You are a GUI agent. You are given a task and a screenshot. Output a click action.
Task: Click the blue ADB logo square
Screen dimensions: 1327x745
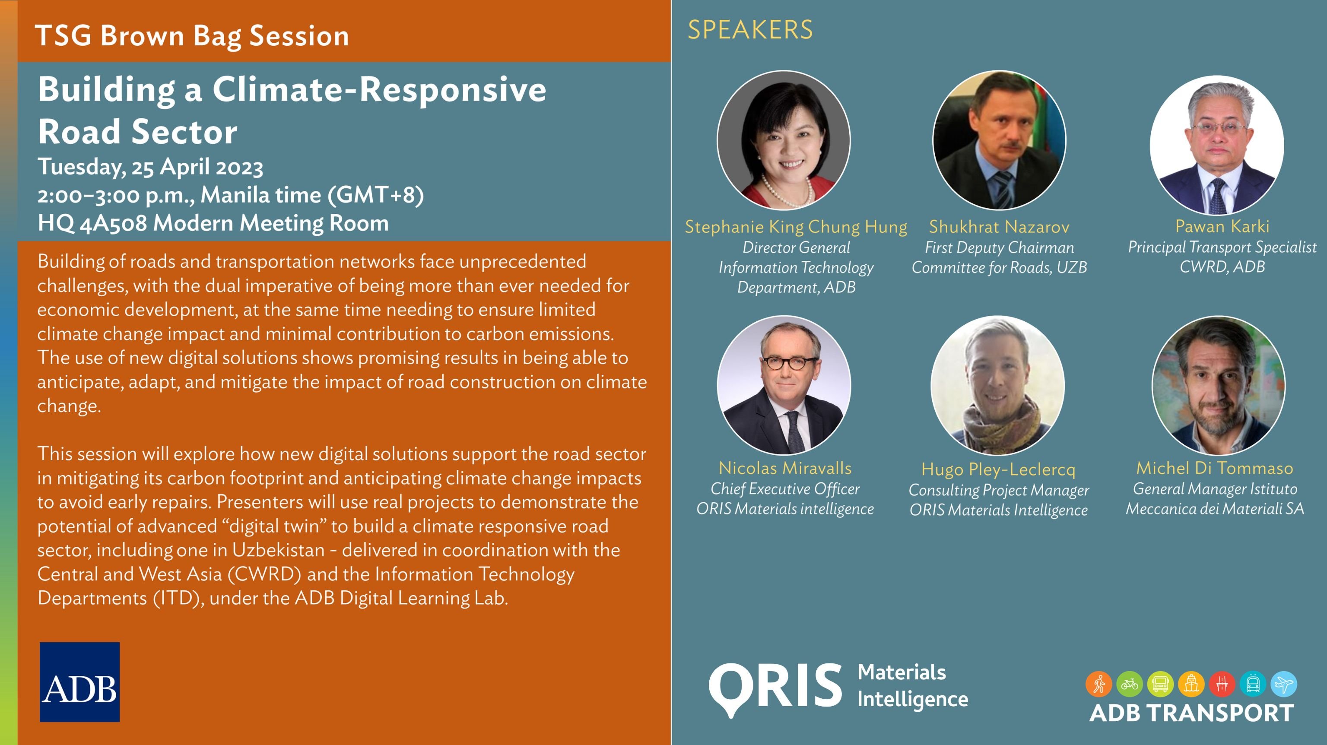coord(80,682)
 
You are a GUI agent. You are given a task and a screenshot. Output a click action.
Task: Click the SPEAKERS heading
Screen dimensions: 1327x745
coord(750,30)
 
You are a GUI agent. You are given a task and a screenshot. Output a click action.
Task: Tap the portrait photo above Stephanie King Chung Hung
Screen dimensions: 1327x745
coord(784,140)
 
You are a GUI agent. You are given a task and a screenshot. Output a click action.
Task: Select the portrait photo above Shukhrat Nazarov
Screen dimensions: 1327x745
coord(1000,140)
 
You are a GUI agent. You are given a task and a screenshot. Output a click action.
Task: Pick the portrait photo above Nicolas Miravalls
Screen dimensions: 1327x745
coord(784,385)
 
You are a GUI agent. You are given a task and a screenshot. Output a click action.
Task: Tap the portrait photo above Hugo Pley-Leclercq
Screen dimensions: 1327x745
coord(998,385)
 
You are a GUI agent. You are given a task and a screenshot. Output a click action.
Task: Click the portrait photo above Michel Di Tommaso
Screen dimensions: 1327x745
coord(1218,385)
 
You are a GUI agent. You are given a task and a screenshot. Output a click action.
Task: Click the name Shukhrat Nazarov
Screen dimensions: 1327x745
coord(999,227)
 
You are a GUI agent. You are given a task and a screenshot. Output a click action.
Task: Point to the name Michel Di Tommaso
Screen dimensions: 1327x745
coord(1215,468)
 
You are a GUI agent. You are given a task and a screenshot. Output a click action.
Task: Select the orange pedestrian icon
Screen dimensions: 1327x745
coord(1099,684)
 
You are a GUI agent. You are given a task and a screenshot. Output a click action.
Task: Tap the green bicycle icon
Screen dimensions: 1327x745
coord(1130,684)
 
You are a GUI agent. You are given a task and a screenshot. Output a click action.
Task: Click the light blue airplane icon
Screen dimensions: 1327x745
coord(1284,684)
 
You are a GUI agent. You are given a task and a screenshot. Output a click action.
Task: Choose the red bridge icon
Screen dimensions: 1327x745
coord(1222,684)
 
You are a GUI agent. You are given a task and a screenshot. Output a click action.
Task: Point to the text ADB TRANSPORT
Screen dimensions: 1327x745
coord(1191,713)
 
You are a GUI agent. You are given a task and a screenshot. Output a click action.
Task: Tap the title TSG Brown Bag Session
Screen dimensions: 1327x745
coord(192,36)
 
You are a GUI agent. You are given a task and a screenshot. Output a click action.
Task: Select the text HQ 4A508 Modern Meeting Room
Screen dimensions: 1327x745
coord(213,224)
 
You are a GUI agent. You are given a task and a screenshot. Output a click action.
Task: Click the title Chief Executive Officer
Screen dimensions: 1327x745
coord(785,489)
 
